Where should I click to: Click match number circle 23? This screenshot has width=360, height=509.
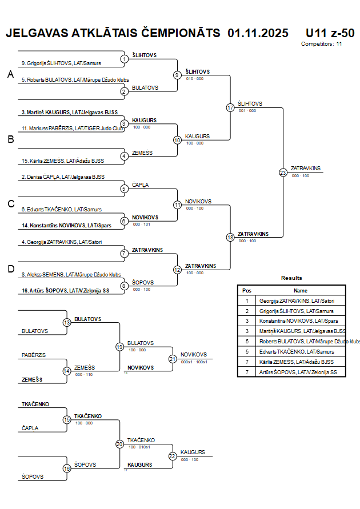click(x=283, y=172)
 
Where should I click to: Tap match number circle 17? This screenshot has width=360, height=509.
click(x=230, y=107)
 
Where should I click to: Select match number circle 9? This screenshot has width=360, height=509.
click(x=177, y=75)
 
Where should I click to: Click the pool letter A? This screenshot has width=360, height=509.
click(x=10, y=75)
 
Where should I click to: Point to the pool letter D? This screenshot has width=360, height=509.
click(x=10, y=269)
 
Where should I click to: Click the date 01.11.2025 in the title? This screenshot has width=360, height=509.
click(x=258, y=33)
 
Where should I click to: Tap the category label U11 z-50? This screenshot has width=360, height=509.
click(x=330, y=33)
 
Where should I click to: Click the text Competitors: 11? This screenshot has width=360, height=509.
click(x=321, y=44)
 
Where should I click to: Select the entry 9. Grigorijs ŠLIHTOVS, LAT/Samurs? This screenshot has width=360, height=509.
click(x=61, y=63)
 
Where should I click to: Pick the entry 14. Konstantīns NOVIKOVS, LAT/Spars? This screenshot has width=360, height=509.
click(x=65, y=226)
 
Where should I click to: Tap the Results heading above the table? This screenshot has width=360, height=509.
click(x=291, y=278)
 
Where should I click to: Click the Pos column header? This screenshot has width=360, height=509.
click(x=247, y=290)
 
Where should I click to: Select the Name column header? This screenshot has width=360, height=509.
click(x=301, y=290)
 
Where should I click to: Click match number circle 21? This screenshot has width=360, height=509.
click(x=173, y=359)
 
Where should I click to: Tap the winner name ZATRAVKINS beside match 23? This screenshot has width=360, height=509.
click(x=306, y=168)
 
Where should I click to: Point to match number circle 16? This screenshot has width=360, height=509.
click(x=67, y=468)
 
